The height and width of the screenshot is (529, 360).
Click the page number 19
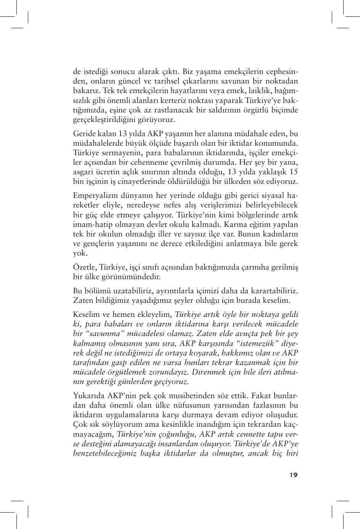point(293,475)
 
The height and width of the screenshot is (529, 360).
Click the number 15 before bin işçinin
point(294,172)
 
